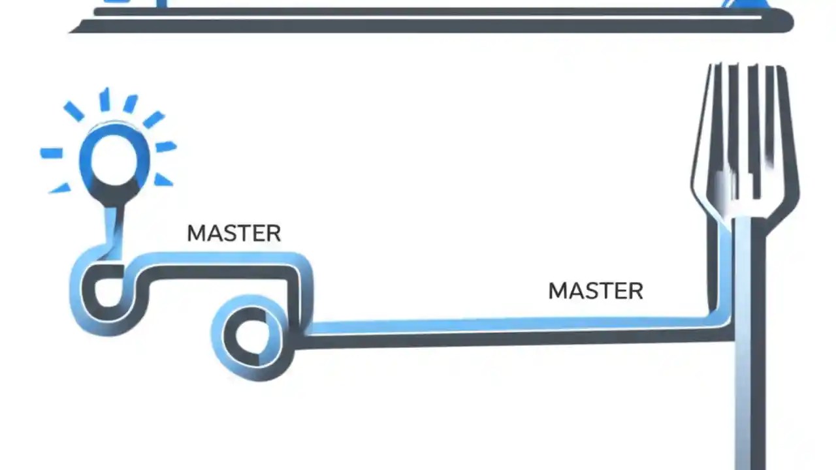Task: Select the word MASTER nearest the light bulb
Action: [234, 234]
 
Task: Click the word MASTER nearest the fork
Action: [596, 291]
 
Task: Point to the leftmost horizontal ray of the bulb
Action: [52, 153]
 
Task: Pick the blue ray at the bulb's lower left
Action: [61, 188]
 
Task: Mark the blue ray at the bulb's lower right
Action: [163, 180]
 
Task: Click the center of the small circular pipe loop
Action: [249, 337]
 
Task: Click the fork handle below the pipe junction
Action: [749, 405]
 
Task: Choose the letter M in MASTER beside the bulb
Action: [195, 234]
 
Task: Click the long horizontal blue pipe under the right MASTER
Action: [509, 325]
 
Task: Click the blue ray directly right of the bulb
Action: [166, 147]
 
